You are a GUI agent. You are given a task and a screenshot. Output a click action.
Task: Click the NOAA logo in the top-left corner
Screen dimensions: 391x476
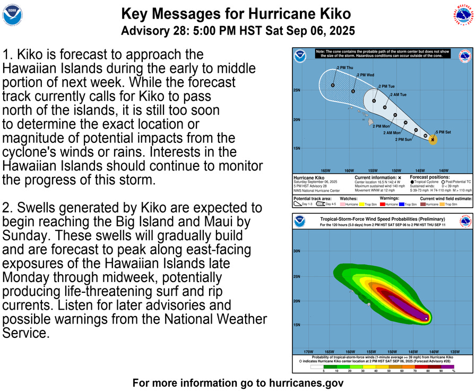click(x=13, y=16)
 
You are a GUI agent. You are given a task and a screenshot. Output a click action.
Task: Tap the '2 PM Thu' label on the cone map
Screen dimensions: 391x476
click(x=345, y=68)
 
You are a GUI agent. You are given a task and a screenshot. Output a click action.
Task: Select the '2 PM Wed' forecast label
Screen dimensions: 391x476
click(x=366, y=75)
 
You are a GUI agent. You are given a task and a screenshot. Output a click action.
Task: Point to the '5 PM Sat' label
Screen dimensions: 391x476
click(x=444, y=132)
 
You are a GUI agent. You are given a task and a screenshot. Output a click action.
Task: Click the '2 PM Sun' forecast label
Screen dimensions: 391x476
click(x=403, y=139)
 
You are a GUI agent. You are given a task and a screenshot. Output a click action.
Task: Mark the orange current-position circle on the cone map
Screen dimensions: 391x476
click(x=433, y=140)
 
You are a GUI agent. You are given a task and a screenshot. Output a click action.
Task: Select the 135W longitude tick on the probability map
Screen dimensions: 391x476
click(x=455, y=352)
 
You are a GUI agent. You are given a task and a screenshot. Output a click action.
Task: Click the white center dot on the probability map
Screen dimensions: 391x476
click(x=427, y=319)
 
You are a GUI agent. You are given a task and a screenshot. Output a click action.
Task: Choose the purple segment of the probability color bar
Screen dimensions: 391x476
click(x=448, y=367)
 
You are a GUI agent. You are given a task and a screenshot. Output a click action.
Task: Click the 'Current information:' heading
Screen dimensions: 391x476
click(x=375, y=177)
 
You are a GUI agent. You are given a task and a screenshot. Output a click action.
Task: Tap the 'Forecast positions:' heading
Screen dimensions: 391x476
click(x=430, y=177)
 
